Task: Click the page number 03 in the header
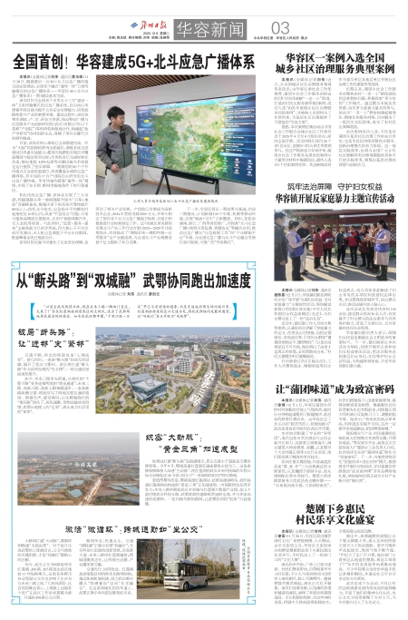(257, 25)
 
